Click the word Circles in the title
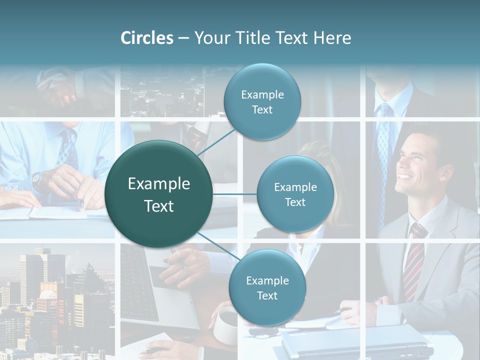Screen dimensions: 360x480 [x=147, y=38]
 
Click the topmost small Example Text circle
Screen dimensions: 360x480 [x=262, y=102]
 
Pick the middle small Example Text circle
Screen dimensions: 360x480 [x=295, y=194]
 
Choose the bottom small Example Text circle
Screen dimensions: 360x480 [x=267, y=287]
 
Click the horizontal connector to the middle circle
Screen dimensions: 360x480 [x=235, y=194]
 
